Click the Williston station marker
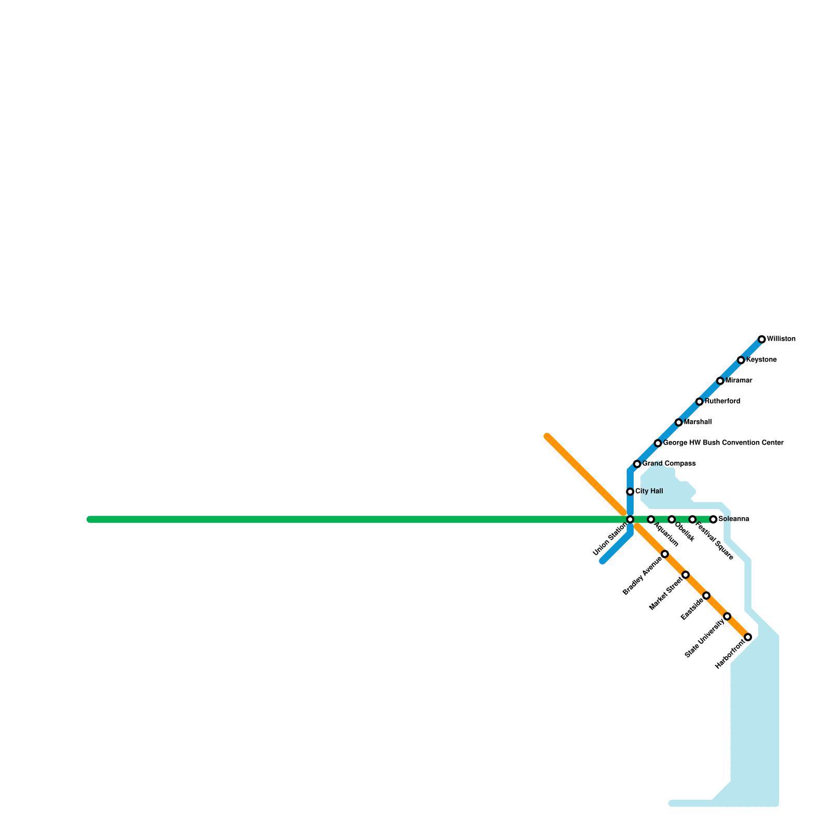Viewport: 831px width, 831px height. [x=761, y=339]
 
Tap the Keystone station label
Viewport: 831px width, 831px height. [x=761, y=360]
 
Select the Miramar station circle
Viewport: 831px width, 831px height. [x=720, y=381]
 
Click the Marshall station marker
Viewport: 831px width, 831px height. [x=678, y=422]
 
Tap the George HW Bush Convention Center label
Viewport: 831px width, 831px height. [x=723, y=443]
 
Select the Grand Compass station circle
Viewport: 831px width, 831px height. [x=637, y=464]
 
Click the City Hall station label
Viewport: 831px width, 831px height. [x=649, y=491]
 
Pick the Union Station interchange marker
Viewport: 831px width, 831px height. [x=630, y=519]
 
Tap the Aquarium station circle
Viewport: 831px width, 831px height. [x=651, y=519]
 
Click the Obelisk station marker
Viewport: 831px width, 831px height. [x=672, y=519]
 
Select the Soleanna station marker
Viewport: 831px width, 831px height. [x=713, y=519]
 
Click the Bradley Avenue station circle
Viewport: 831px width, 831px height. [x=665, y=554]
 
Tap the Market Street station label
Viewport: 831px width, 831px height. [x=666, y=593]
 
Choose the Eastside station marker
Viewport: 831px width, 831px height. [x=706, y=595]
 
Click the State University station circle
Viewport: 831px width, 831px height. [x=727, y=616]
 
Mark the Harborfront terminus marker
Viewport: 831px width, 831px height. [x=748, y=637]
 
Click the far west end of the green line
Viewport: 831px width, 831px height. [x=90, y=519]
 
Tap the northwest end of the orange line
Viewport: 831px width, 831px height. [x=547, y=436]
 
